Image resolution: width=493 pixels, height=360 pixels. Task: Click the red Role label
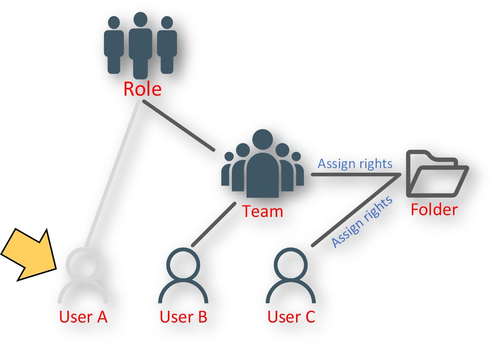pyautogui.click(x=142, y=89)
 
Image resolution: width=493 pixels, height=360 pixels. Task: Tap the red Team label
pyautogui.click(x=263, y=212)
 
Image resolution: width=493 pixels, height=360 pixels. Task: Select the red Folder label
pyautogui.click(x=434, y=210)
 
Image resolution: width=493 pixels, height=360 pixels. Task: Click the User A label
pyautogui.click(x=83, y=317)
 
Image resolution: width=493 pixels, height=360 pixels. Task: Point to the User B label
pyautogui.click(x=183, y=317)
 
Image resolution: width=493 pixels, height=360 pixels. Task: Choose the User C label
pyautogui.click(x=291, y=317)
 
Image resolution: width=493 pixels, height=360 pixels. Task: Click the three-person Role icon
pyautogui.click(x=141, y=45)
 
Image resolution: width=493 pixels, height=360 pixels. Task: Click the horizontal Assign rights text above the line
pyautogui.click(x=355, y=164)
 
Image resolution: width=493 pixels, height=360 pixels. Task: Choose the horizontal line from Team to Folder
pyautogui.click(x=353, y=175)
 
